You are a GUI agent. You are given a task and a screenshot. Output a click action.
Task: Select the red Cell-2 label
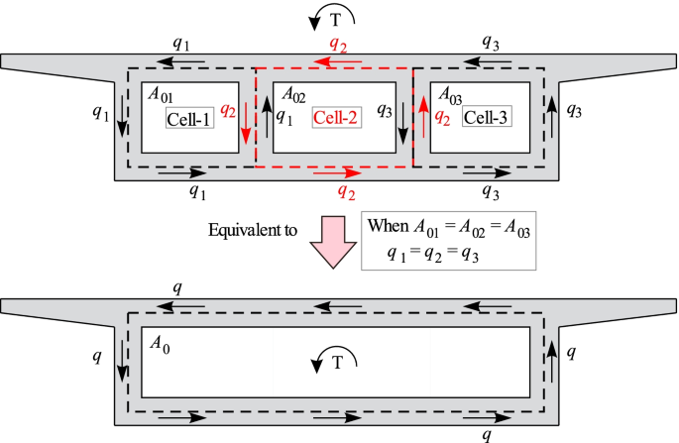pos(335,118)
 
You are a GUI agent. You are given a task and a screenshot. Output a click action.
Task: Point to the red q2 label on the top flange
pos(340,43)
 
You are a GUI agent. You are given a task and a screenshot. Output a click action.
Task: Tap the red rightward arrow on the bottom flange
pos(334,171)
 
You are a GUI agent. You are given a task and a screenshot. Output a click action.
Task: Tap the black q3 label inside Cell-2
pos(386,111)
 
